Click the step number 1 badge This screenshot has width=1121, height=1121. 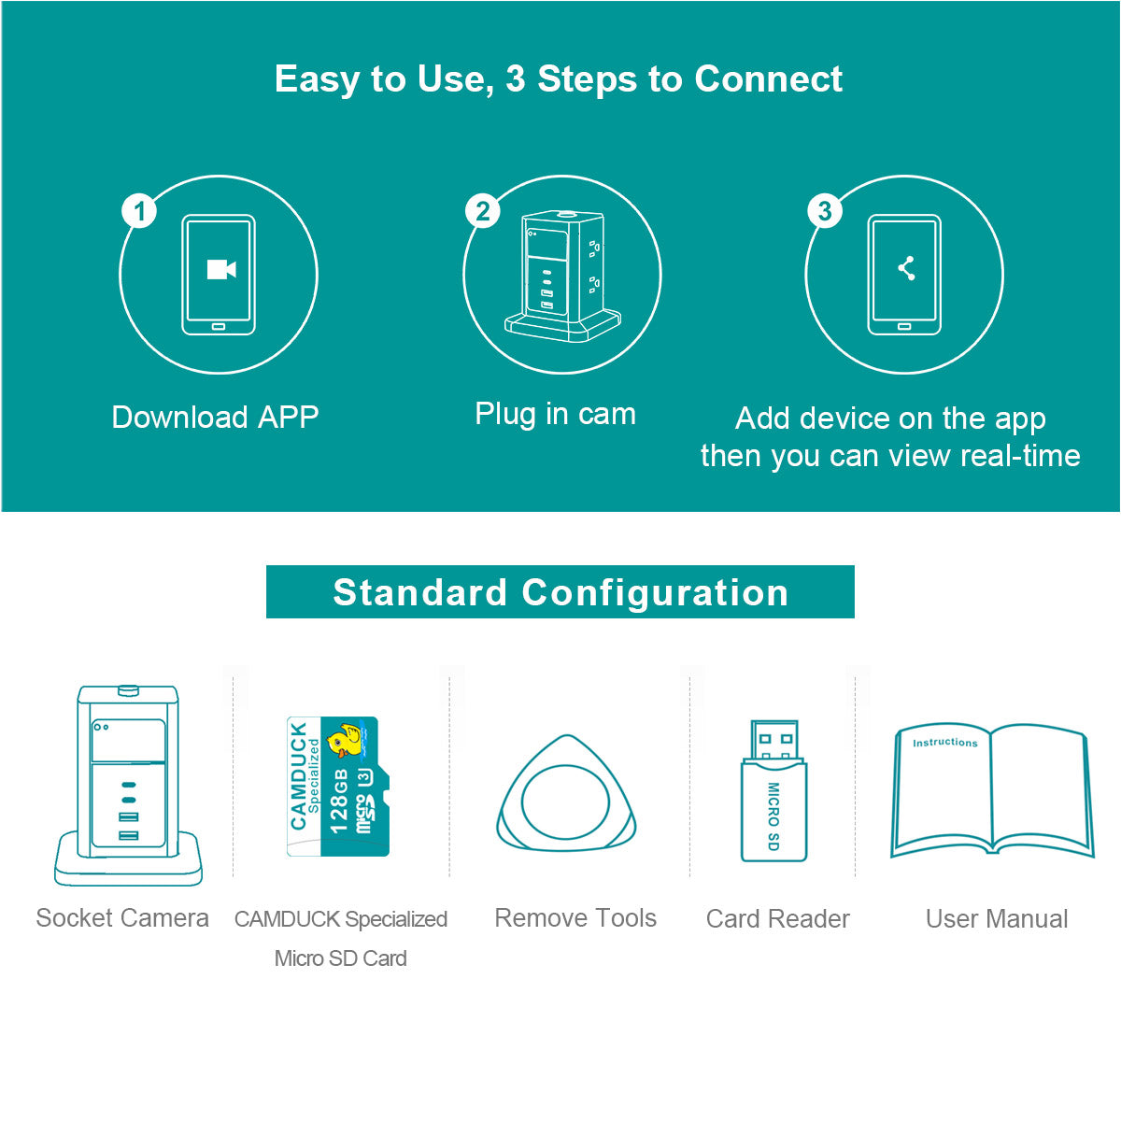pyautogui.click(x=140, y=211)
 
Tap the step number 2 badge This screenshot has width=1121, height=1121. pyautogui.click(x=482, y=211)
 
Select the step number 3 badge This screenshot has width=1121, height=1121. pyautogui.click(x=824, y=211)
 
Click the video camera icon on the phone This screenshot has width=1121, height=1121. pyautogui.click(x=220, y=270)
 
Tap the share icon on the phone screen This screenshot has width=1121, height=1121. pyautogui.click(x=906, y=268)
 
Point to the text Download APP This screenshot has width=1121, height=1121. pyautogui.click(x=215, y=417)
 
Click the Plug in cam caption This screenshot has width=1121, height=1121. pyautogui.click(x=555, y=414)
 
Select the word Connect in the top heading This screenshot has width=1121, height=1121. pyautogui.click(x=768, y=79)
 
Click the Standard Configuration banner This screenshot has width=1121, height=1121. pyautogui.click(x=560, y=592)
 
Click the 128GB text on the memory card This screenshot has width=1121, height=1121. pyautogui.click(x=339, y=801)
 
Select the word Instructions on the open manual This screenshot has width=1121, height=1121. pyautogui.click(x=944, y=743)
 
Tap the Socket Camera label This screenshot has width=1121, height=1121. pyautogui.click(x=122, y=918)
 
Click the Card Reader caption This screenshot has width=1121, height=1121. pyautogui.click(x=777, y=919)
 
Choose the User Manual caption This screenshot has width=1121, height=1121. pyautogui.click(x=996, y=919)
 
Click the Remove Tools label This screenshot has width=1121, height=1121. pyautogui.click(x=575, y=918)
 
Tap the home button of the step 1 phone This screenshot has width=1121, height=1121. pyautogui.click(x=219, y=327)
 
